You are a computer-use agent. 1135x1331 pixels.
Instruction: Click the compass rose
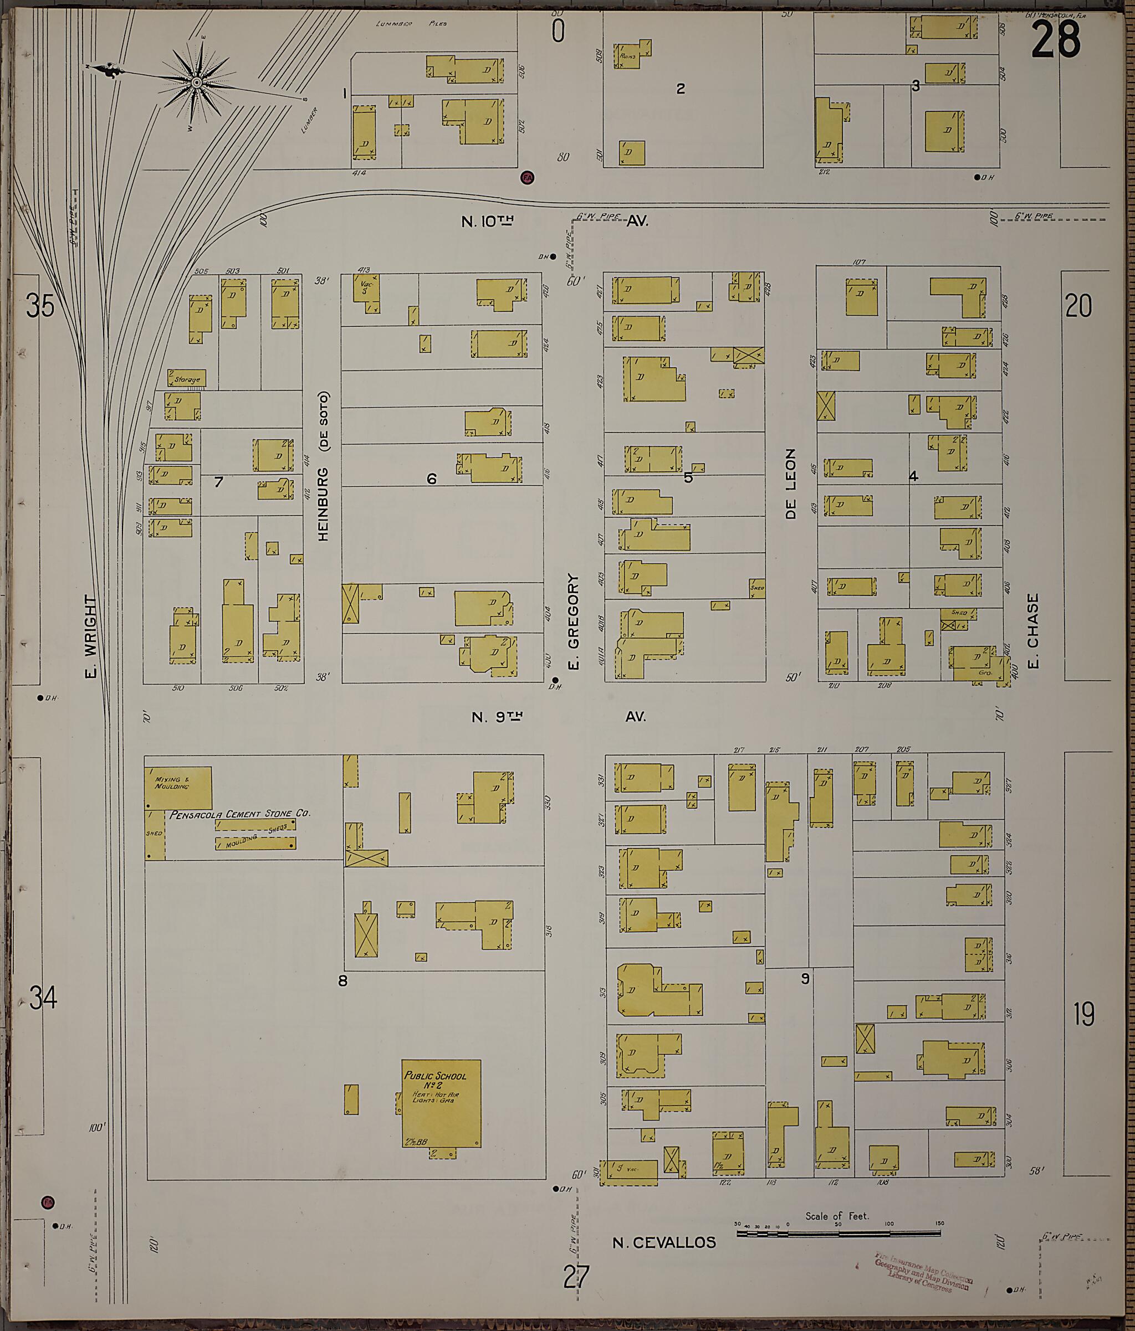(x=197, y=83)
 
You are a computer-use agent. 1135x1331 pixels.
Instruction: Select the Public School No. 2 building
(x=442, y=1103)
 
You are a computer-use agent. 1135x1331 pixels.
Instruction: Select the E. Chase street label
(x=1033, y=631)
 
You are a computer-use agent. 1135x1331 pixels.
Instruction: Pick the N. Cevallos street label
(x=664, y=1243)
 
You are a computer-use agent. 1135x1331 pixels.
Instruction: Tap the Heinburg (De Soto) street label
(x=323, y=466)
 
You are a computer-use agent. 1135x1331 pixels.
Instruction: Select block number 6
(x=431, y=479)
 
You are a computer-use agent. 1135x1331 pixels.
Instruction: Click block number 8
(x=342, y=981)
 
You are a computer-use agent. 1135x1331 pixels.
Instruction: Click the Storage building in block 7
(x=187, y=378)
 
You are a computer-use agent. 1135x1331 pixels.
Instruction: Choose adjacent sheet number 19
(x=1083, y=1015)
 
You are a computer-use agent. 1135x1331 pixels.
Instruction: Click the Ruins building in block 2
(x=627, y=56)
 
